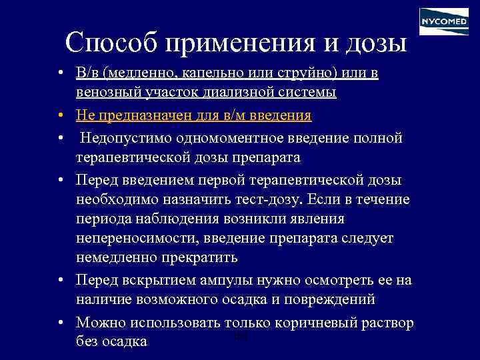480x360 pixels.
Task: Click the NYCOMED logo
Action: (443, 21)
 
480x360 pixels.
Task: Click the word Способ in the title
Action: (111, 42)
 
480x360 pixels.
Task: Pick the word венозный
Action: (105, 92)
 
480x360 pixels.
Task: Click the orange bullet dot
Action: (61, 116)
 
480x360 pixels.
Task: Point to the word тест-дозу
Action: (267, 200)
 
